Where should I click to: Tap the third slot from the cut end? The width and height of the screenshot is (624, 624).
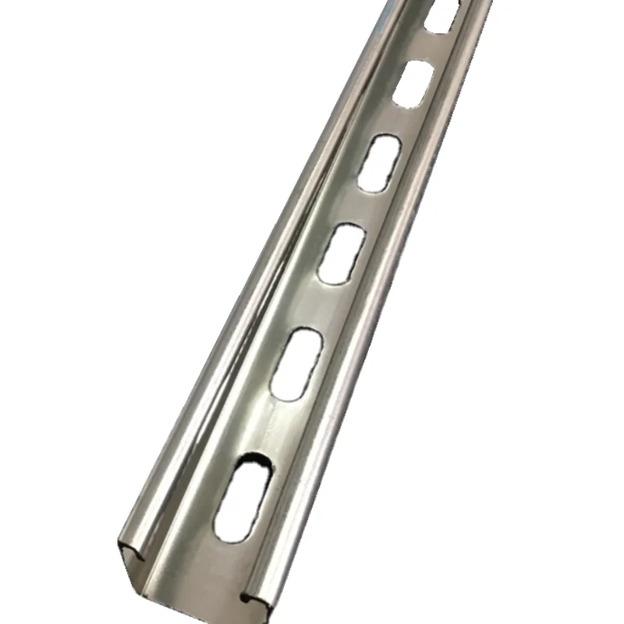[x=340, y=253]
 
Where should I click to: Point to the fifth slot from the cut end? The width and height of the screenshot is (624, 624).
[x=413, y=83]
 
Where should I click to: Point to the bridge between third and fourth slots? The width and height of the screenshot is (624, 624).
[x=360, y=207]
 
